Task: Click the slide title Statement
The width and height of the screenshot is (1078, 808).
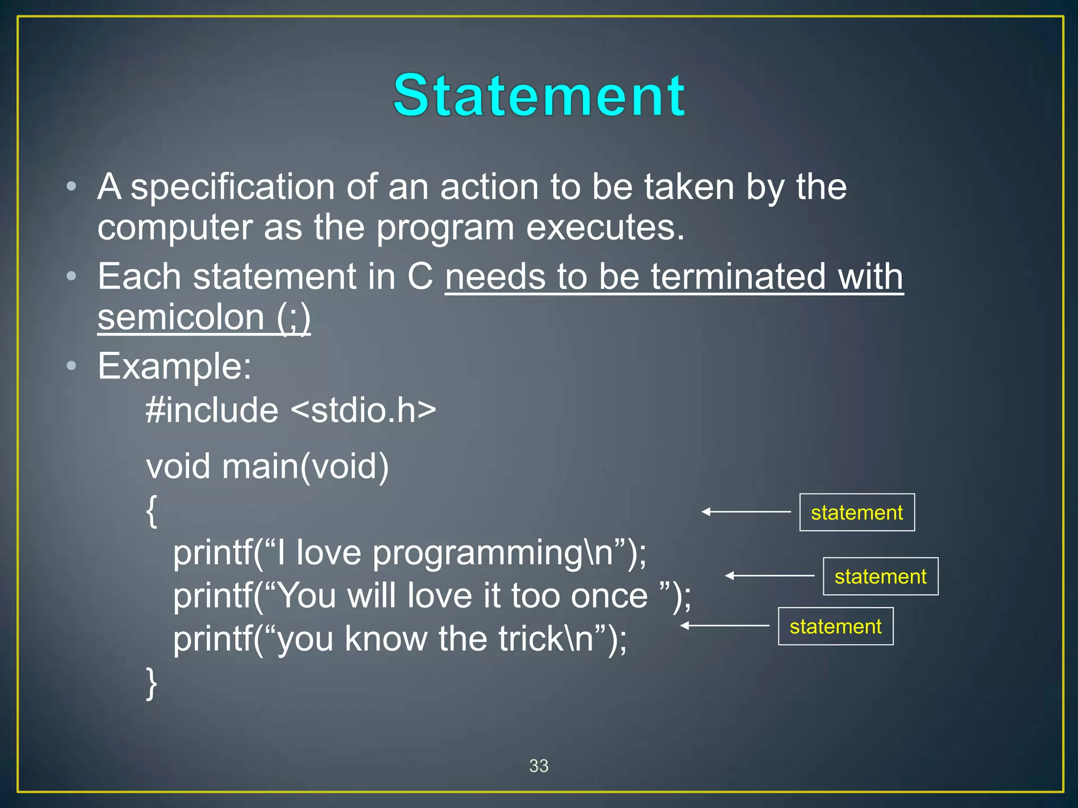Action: (538, 95)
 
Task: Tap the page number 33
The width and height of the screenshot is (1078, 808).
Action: (538, 766)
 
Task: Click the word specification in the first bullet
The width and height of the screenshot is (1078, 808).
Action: (232, 187)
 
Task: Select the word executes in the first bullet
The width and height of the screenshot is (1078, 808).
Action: (605, 228)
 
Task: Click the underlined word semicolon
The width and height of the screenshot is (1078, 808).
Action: (181, 317)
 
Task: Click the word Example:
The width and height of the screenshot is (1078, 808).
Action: (175, 366)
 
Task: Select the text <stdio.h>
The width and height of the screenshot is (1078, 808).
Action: (363, 410)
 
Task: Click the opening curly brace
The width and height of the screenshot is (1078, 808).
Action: (152, 511)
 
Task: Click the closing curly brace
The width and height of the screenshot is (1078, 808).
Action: (152, 683)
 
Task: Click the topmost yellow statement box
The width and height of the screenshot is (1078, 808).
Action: (856, 512)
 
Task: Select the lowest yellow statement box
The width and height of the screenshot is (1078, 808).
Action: (835, 627)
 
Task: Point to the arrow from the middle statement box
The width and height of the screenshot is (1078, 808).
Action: (769, 576)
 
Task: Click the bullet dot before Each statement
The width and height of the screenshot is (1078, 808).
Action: (72, 276)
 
